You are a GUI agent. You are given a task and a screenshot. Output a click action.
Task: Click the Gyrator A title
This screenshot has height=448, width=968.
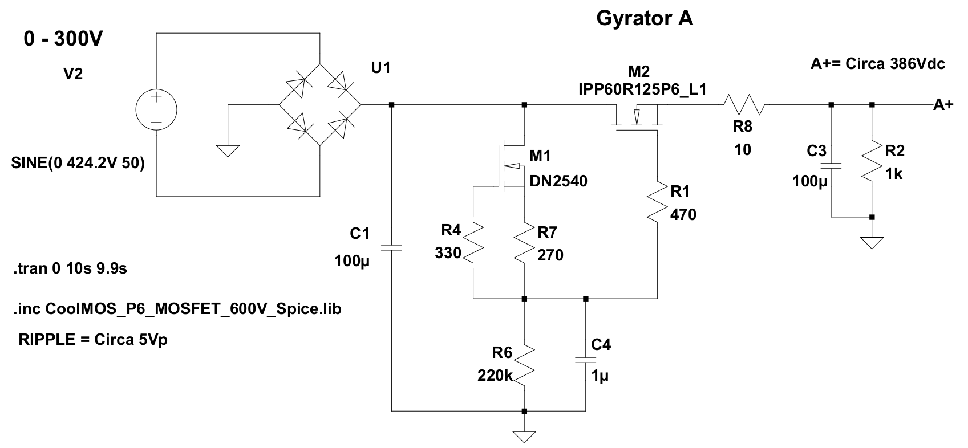(645, 19)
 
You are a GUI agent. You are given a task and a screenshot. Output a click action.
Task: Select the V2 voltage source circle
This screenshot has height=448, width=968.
(156, 109)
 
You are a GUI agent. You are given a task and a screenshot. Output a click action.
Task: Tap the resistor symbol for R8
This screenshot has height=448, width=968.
(744, 105)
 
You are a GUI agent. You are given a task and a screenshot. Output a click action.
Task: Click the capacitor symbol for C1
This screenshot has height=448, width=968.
(391, 248)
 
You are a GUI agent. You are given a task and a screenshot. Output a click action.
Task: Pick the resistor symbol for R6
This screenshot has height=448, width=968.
(524, 365)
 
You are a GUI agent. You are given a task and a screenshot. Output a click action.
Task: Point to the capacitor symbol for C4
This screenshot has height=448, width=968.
(586, 360)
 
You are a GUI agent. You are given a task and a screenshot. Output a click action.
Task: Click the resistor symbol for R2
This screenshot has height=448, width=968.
(872, 160)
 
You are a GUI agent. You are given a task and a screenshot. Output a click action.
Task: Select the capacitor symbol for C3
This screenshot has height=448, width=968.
(831, 166)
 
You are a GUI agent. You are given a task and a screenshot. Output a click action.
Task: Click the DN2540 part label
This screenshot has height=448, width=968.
(558, 181)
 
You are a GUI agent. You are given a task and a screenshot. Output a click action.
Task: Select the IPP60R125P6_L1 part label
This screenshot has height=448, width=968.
(643, 89)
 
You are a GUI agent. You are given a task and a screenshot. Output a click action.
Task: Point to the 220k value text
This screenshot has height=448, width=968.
(495, 376)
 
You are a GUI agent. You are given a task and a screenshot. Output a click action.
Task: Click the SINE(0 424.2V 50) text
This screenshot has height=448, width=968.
(78, 163)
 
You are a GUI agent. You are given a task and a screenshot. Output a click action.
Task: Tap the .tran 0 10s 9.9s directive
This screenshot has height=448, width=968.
(70, 269)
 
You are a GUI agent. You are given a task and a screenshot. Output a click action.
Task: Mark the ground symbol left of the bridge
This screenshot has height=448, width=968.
(228, 151)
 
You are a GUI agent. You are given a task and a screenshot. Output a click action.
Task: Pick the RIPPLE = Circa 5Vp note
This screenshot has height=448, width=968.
(93, 340)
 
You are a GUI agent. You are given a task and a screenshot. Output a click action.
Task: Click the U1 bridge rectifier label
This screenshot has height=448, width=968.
(380, 68)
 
